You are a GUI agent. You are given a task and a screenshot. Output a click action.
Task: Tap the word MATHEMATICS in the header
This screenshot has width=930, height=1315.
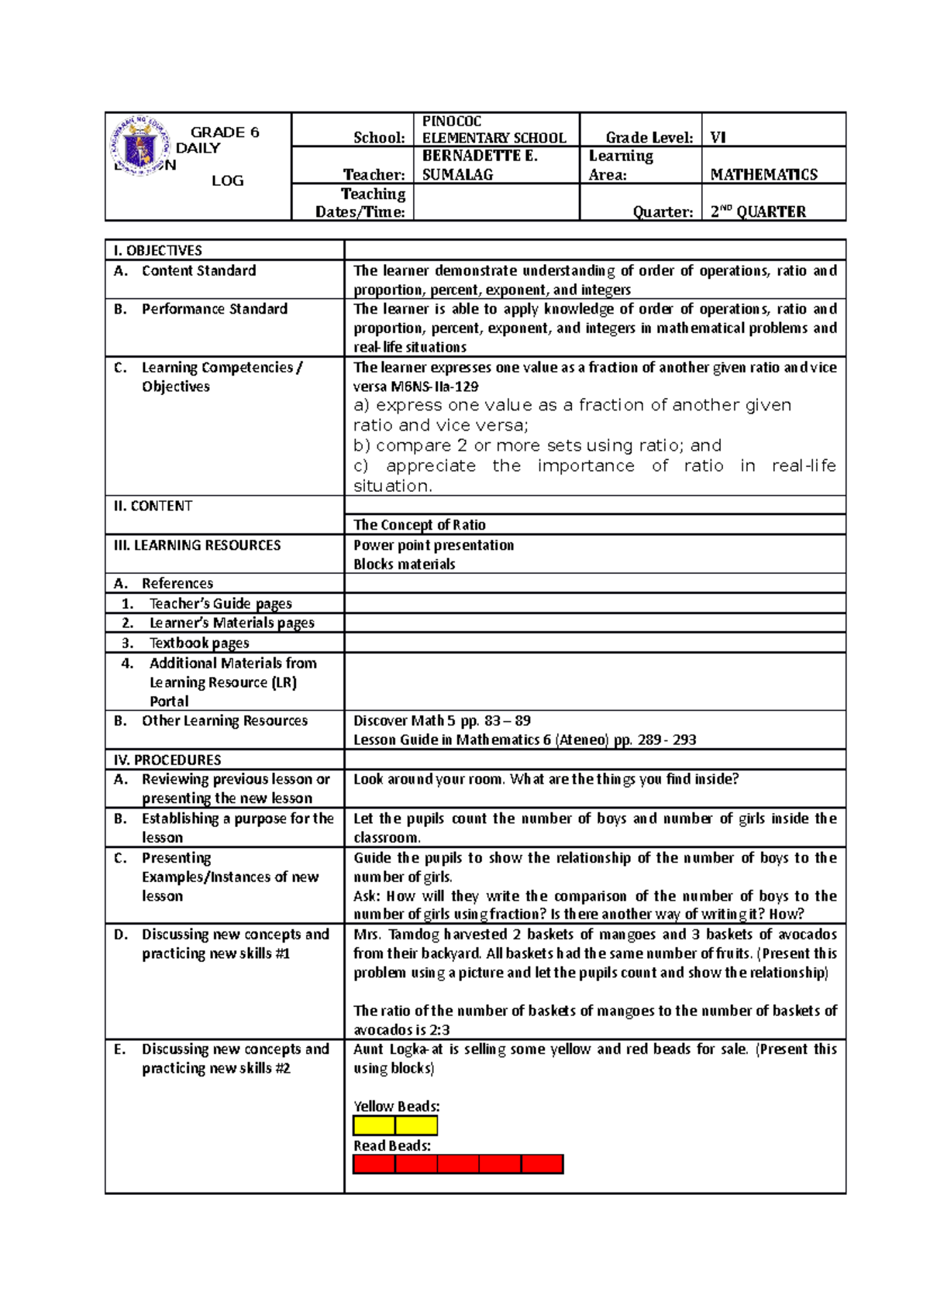763,175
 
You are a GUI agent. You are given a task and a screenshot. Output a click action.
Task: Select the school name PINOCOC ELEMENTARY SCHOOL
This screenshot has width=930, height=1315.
494,129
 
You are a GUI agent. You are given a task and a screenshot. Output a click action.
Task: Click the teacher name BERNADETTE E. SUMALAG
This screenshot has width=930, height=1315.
480,165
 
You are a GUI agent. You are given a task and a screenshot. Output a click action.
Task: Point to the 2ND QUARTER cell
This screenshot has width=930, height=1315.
758,211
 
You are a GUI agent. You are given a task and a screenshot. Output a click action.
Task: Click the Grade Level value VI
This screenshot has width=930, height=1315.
718,138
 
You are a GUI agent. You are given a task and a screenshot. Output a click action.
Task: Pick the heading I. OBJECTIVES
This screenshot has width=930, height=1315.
158,250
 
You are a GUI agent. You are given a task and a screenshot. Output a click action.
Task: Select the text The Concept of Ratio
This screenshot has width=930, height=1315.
419,525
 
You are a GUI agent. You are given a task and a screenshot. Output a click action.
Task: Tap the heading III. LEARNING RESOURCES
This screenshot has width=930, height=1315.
198,545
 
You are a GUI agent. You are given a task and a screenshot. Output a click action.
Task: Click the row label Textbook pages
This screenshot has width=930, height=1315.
199,643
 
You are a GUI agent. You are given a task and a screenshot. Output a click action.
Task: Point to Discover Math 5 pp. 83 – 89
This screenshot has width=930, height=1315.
442,720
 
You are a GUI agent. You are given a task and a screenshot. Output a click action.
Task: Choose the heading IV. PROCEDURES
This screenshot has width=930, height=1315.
167,760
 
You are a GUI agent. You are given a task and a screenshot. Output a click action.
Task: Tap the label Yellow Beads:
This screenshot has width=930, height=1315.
396,1107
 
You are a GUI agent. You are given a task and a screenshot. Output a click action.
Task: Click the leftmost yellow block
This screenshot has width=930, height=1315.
374,1126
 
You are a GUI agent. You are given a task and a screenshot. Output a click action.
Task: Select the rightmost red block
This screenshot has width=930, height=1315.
542,1164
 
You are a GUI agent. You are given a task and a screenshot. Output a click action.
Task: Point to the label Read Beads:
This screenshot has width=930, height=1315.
392,1145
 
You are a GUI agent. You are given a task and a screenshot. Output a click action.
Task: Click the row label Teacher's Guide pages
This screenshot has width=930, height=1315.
220,603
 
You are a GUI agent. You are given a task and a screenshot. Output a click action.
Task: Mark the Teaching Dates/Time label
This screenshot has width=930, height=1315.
360,203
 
